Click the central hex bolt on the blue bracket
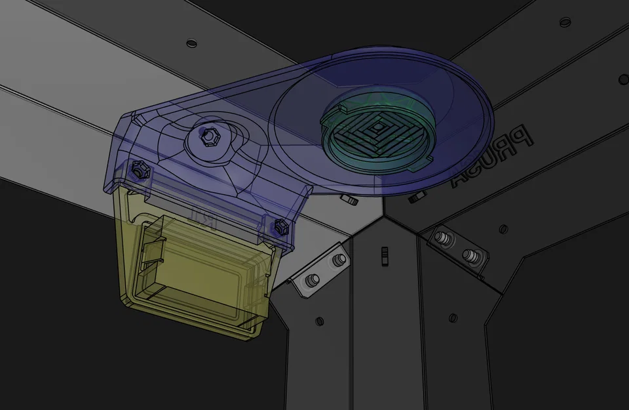tap(208, 138)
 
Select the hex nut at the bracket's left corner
tap(139, 170)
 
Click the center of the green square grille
tap(378, 127)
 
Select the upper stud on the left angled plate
tap(337, 260)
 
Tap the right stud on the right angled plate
tap(468, 254)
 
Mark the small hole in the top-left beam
tap(191, 43)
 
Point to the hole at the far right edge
tap(623, 78)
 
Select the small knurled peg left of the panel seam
tap(352, 199)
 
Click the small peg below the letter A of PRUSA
tap(414, 197)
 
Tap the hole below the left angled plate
tap(319, 321)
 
